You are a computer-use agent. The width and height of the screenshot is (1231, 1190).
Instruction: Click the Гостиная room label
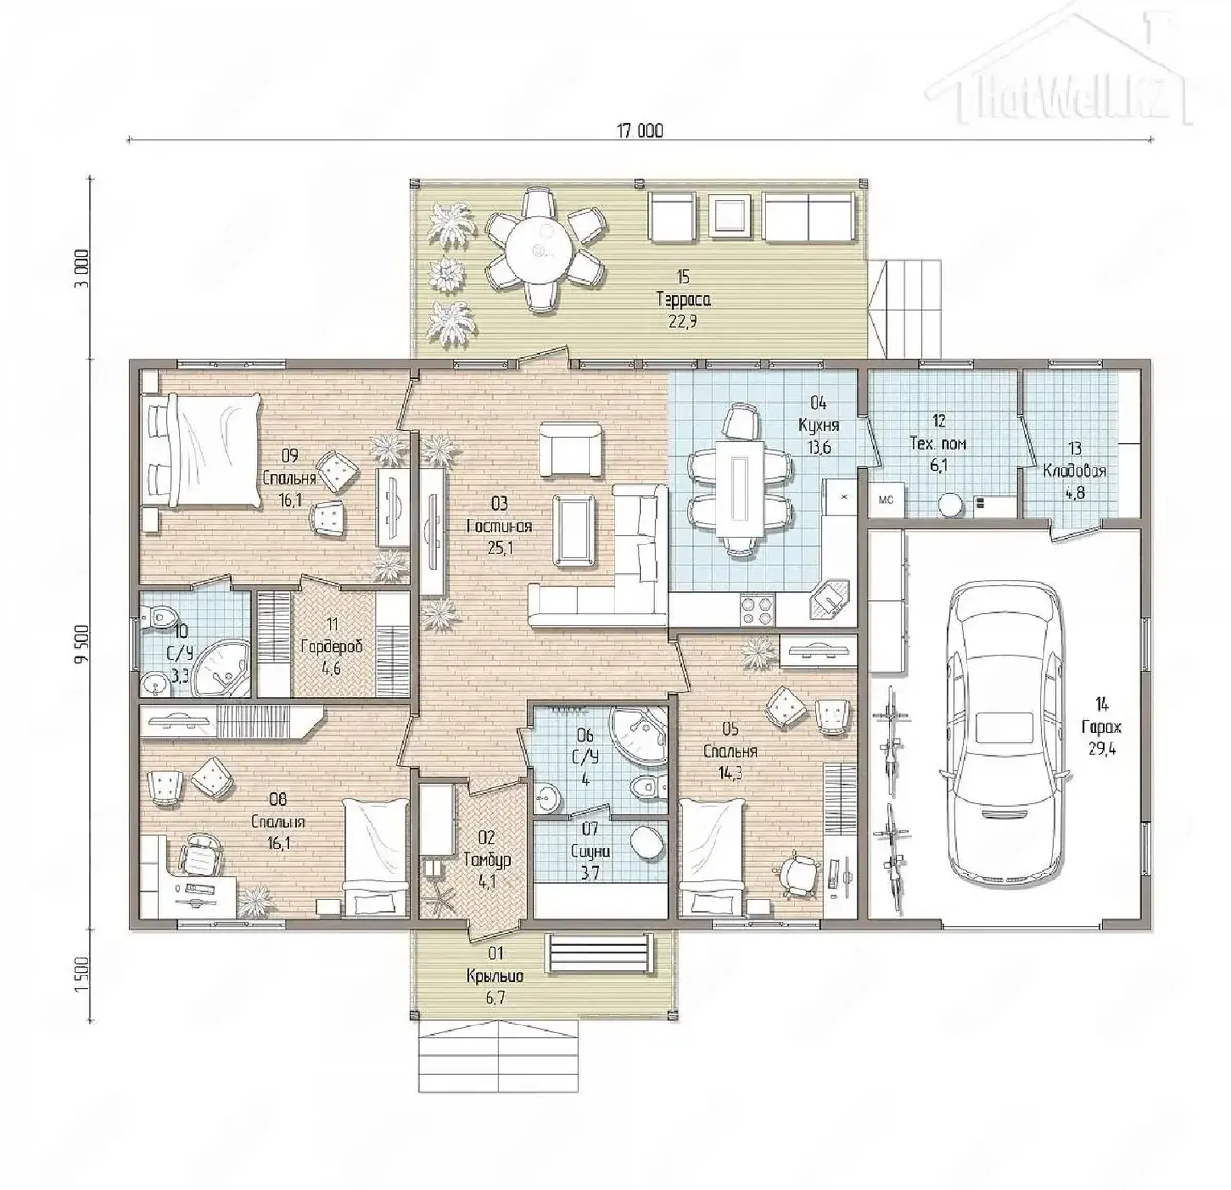499,526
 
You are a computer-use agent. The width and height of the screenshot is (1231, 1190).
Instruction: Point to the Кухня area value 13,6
818,448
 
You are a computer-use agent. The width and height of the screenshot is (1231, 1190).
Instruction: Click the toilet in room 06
648,786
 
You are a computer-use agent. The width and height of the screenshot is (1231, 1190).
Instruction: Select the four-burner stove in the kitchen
758,610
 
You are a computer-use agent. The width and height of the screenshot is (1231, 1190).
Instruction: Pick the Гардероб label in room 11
331,646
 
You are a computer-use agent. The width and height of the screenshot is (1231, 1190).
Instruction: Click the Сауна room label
590,852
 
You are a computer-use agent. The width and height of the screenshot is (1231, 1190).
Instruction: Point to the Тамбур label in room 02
487,860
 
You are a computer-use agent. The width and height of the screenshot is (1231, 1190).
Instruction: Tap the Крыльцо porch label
495,976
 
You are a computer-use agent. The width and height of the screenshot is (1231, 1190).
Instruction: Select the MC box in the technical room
887,500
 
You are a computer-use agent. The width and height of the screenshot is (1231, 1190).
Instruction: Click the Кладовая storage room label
1075,471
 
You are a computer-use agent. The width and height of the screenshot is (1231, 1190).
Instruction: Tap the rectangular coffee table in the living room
574,529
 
